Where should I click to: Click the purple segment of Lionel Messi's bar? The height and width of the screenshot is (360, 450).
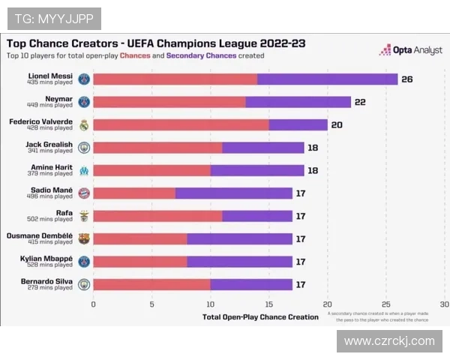pos(327,79)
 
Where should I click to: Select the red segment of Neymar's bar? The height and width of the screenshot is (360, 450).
pos(169,102)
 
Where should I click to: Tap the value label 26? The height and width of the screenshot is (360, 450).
pos(407,79)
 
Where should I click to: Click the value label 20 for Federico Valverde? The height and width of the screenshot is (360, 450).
pos(337,124)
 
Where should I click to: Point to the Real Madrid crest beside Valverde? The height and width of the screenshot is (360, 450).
pos(84,125)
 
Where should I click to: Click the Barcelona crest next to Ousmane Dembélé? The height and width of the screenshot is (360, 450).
pos(84,239)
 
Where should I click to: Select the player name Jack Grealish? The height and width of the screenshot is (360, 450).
pos(49,144)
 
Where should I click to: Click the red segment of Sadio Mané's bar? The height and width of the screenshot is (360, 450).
pos(134,193)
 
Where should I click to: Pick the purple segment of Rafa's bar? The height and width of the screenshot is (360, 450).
pos(257,216)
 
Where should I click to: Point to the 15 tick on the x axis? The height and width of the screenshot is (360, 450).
pos(268,304)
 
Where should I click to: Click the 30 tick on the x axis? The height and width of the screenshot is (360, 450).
pos(444,304)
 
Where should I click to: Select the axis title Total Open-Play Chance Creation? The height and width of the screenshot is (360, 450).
pos(260,317)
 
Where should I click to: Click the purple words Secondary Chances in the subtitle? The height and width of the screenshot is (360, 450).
pos(201,55)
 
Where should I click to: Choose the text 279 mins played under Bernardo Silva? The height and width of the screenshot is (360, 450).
pos(52,287)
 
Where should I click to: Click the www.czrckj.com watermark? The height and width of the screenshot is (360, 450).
pos(389,341)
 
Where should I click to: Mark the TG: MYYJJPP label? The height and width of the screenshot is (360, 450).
pos(53,17)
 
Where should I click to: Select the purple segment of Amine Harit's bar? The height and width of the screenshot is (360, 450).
pos(257,170)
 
